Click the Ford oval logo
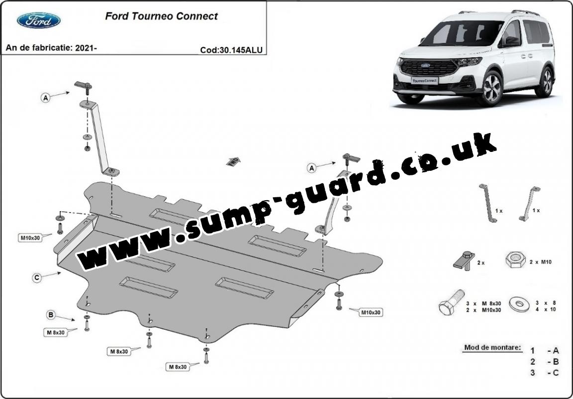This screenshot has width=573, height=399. pyautogui.click(x=38, y=20)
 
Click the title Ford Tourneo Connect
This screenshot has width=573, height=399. pyautogui.click(x=161, y=16)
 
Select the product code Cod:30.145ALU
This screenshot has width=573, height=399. pyautogui.click(x=231, y=50)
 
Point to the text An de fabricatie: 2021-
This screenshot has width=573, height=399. pyautogui.click(x=51, y=48)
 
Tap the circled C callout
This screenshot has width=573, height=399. pyautogui.click(x=36, y=278)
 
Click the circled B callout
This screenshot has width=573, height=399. pyautogui.click(x=51, y=314)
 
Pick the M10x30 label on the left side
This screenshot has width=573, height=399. pyautogui.click(x=30, y=238)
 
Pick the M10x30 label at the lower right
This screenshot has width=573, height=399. pyautogui.click(x=371, y=313)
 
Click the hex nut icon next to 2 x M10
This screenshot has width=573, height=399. pyautogui.click(x=515, y=260)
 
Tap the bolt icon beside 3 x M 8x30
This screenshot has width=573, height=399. pyautogui.click(x=451, y=302)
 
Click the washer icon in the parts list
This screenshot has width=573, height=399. pyautogui.click(x=521, y=304)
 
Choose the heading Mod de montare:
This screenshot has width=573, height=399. pyautogui.click(x=492, y=348)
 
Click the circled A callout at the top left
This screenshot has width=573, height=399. pyautogui.click(x=45, y=98)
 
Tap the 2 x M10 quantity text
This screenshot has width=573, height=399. pyautogui.click(x=541, y=262)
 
